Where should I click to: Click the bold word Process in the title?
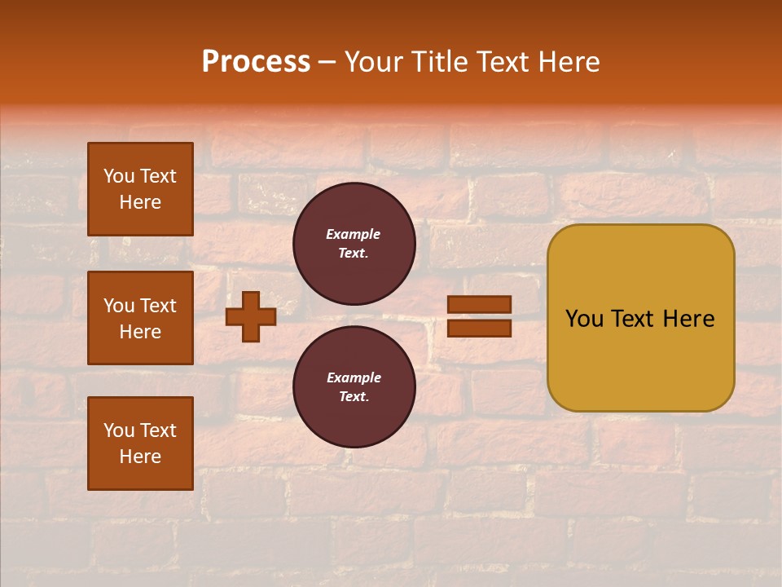256,62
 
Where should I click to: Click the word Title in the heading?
439,62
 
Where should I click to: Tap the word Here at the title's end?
568,62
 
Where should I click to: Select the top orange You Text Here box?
140,189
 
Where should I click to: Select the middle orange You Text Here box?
140,318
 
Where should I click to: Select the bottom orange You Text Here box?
140,443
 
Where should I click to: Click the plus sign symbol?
251,316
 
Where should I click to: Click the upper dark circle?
354,244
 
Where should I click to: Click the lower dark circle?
354,387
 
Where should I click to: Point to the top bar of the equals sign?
480,304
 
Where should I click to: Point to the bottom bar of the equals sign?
480,329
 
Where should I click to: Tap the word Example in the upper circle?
354,234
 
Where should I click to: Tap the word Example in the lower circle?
354,377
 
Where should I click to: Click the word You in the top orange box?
119,176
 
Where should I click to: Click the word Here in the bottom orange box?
140,457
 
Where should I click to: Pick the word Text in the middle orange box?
157,306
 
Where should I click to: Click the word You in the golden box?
584,319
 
